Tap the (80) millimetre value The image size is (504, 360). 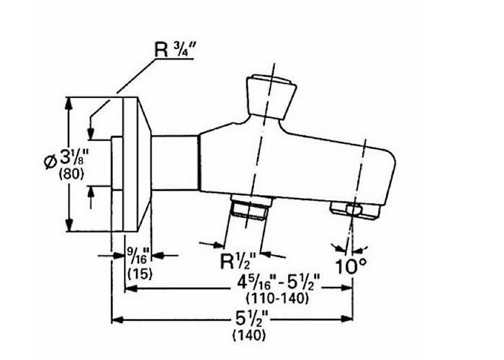coord(71,174)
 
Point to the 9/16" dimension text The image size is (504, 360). coord(138,256)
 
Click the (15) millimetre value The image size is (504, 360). coord(140,274)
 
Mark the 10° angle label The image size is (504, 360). coord(351,266)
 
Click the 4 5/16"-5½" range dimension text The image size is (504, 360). coord(279,283)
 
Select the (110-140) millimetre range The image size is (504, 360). coord(277,299)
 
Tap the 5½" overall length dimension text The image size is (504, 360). coord(252,320)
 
